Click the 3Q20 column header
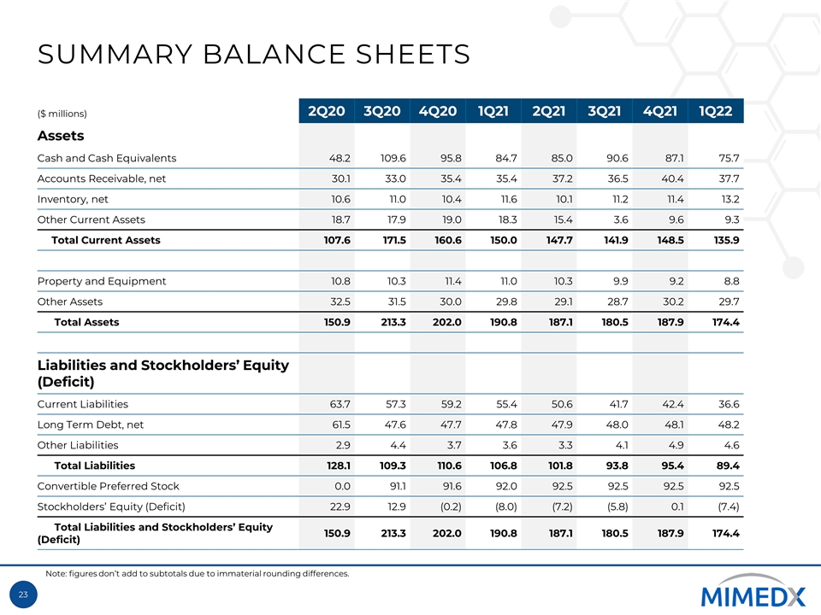click(x=382, y=112)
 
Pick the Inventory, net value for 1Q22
click(x=726, y=199)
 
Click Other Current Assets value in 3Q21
click(x=616, y=220)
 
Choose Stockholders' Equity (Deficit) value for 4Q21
click(x=671, y=507)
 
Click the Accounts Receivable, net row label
click(x=102, y=179)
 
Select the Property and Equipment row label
click(x=102, y=281)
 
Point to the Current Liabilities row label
click(x=83, y=404)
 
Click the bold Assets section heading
click(x=61, y=136)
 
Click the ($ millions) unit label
click(x=62, y=114)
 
